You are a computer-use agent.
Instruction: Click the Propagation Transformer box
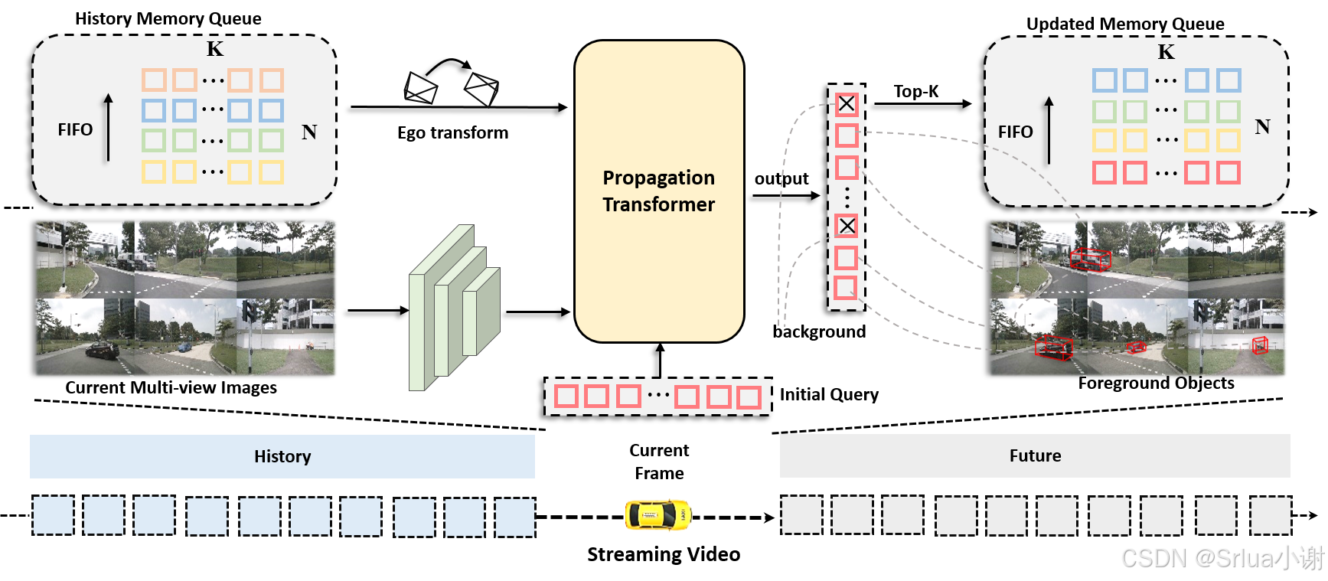tap(659, 191)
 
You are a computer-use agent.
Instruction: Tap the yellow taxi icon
tap(658, 515)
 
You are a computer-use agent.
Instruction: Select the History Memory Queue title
tap(168, 18)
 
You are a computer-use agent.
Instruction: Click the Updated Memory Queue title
tap(1125, 24)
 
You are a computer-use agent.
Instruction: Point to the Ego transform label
tap(452, 132)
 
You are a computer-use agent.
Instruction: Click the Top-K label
tap(915, 91)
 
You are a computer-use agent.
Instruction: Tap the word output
tap(781, 178)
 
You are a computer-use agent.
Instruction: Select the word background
tap(819, 331)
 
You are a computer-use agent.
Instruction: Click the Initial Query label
tap(829, 394)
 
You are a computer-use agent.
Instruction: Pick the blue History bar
tap(282, 456)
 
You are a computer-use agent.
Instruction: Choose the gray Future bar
tap(1035, 455)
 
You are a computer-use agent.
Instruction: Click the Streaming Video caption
tap(664, 554)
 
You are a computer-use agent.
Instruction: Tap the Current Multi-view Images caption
tap(171, 387)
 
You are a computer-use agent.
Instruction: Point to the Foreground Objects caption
tap(1156, 383)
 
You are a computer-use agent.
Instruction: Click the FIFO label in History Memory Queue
tap(75, 129)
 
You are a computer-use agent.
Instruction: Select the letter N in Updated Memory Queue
tap(1262, 126)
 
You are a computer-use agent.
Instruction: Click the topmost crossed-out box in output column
tap(846, 103)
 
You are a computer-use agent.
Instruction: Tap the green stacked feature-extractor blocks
tap(455, 308)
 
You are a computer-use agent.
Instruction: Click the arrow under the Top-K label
tap(923, 103)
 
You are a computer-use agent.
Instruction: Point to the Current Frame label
tap(659, 462)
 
